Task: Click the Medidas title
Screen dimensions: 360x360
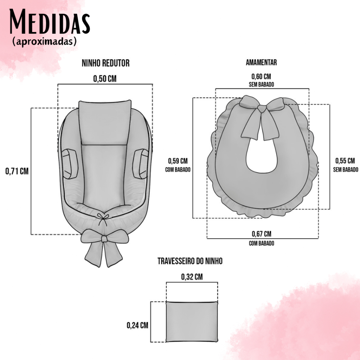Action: pos(50,22)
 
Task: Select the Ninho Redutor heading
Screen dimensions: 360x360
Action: pos(105,63)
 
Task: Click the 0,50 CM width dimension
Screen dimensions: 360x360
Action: pos(105,79)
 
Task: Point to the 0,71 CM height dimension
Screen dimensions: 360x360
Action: pos(17,171)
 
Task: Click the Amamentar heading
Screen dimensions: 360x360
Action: pos(261,63)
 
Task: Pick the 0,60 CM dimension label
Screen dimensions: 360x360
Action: pos(261,76)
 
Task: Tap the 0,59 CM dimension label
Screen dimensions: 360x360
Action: pos(178,161)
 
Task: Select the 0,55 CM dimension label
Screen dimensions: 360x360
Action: pos(345,161)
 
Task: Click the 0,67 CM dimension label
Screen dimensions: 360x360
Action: pos(262,234)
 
